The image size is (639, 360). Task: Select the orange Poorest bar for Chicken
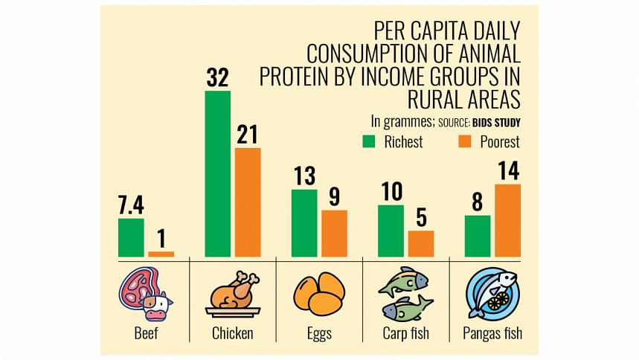(x=248, y=202)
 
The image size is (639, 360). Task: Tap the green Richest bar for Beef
(x=131, y=237)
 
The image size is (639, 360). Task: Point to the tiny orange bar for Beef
(x=161, y=254)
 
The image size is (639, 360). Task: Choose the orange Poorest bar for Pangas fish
(x=507, y=220)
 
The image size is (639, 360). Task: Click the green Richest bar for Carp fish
(x=391, y=231)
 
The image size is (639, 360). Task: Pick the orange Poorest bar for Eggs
(x=334, y=234)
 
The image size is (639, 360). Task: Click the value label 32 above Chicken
(x=218, y=77)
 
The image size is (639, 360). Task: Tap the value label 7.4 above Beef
(x=131, y=205)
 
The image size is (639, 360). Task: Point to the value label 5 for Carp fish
(x=420, y=217)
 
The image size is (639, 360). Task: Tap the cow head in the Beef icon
(x=157, y=303)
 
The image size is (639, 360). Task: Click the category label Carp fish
(x=406, y=333)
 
